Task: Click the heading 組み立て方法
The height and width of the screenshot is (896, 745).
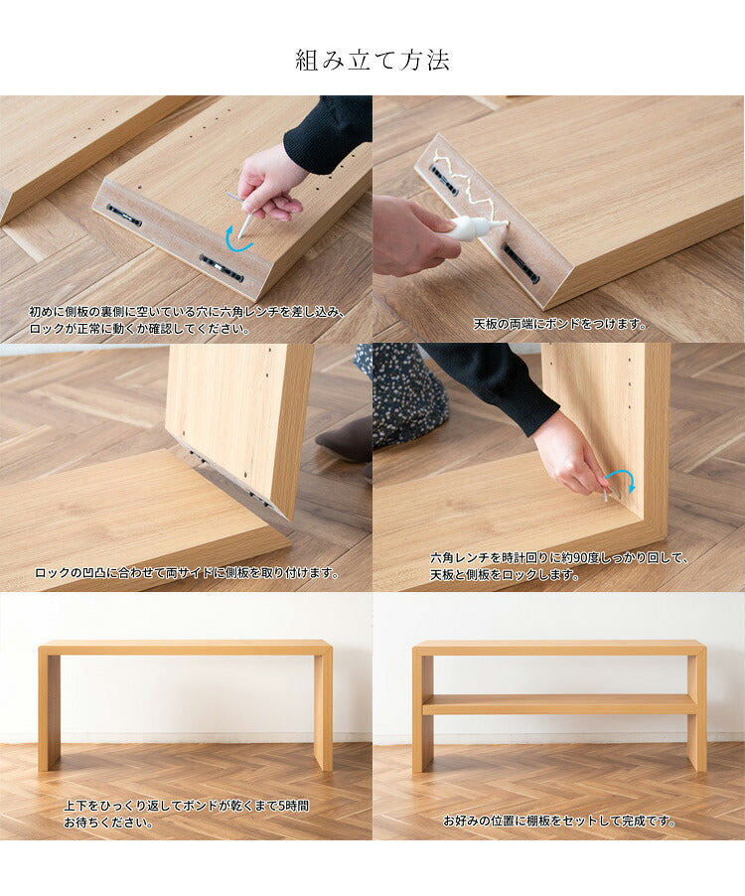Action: pos(372,61)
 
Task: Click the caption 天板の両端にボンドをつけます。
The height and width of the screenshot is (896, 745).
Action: pos(559,324)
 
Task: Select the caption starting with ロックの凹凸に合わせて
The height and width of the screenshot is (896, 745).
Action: pos(188,573)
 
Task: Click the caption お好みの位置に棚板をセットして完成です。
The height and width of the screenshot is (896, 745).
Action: pos(559,821)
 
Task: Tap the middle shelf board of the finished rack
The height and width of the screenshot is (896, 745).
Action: pos(559,704)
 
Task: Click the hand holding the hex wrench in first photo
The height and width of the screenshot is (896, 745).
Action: pos(268,184)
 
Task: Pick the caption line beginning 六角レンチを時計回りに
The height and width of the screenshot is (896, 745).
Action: pos(559,558)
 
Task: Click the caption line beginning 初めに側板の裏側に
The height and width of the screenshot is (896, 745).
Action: pos(188,311)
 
